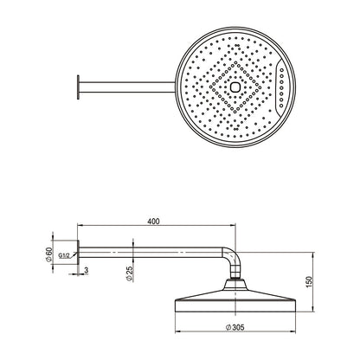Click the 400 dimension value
pyautogui.click(x=153, y=222)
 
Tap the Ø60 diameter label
pyautogui.click(x=49, y=254)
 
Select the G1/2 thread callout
pyautogui.click(x=64, y=255)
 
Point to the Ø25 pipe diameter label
pyautogui.click(x=129, y=273)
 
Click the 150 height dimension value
pyautogui.click(x=308, y=282)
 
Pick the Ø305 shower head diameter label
pyautogui.click(x=235, y=327)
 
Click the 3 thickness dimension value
pyautogui.click(x=87, y=270)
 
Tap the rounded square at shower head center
pyautogui.click(x=235, y=87)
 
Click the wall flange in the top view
pyautogui.click(x=78, y=87)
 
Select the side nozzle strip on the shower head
pyautogui.click(x=280, y=87)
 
